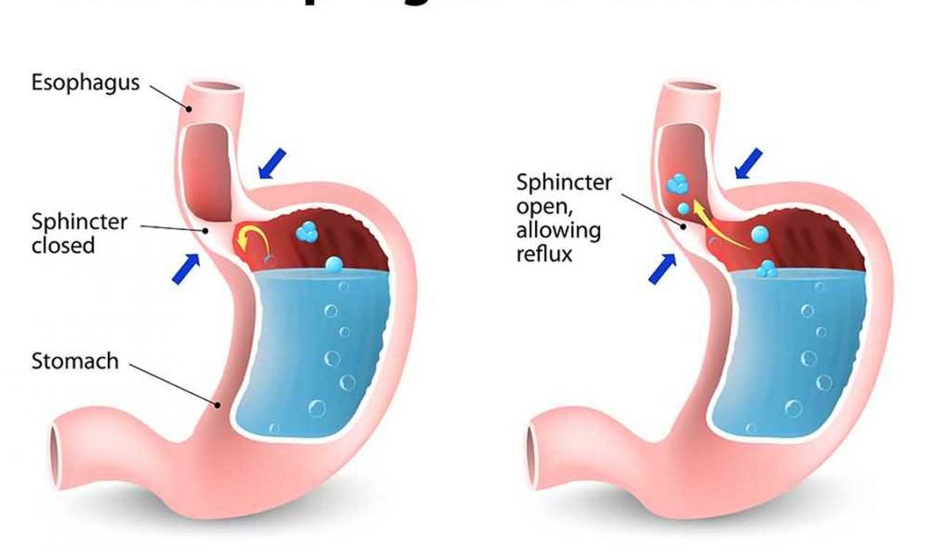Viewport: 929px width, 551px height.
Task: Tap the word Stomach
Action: pyautogui.click(x=75, y=362)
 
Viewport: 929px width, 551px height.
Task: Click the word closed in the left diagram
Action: pyautogui.click(x=63, y=245)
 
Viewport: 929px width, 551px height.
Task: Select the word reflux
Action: pyautogui.click(x=544, y=255)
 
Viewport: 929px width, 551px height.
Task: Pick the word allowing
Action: pyautogui.click(x=558, y=231)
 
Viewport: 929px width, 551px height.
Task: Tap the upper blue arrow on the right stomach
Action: pyautogui.click(x=748, y=163)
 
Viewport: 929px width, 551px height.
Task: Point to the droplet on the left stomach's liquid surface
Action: pyautogui.click(x=334, y=264)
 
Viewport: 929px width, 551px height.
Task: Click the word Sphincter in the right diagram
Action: pyautogui.click(x=564, y=183)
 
